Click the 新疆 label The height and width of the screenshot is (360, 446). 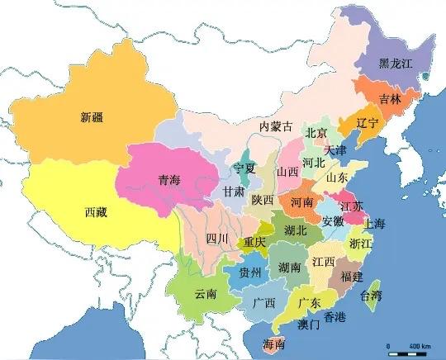tap(92, 116)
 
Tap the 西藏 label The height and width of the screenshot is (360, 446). tap(96, 211)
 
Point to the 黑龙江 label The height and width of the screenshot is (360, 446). tap(395, 63)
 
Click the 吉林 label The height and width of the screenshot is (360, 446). tap(389, 98)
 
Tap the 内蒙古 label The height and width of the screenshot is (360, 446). tap(276, 126)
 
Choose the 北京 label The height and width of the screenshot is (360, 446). tap(317, 132)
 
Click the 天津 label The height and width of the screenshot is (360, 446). tap(336, 151)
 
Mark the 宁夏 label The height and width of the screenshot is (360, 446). tap(244, 168)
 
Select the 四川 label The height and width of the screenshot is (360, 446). tap(217, 239)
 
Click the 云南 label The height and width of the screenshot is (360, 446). tap(205, 293)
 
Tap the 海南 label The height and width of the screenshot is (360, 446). tap(273, 343)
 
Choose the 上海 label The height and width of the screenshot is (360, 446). tap(373, 224)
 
